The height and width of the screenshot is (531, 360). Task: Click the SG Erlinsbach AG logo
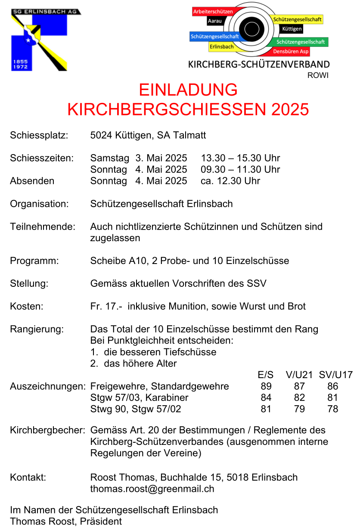[39, 40]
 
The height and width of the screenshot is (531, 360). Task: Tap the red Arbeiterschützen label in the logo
[213, 12]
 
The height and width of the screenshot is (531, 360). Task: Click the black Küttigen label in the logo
[292, 29]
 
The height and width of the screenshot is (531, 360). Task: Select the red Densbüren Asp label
[291, 52]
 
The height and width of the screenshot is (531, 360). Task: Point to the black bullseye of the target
[251, 29]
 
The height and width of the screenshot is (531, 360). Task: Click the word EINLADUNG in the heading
[188, 90]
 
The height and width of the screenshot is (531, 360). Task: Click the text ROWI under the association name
[318, 75]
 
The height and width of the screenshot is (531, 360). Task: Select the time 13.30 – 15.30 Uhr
[240, 158]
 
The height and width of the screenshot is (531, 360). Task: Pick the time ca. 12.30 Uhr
[230, 181]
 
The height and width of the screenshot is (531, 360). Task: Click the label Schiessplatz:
[39, 135]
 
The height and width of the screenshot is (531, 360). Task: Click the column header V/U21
[299, 375]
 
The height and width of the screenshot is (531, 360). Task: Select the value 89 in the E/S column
[266, 386]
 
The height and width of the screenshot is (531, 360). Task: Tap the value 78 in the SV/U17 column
[332, 409]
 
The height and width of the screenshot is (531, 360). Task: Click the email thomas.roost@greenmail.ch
[152, 489]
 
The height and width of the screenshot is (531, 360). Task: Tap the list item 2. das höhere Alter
[133, 363]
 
